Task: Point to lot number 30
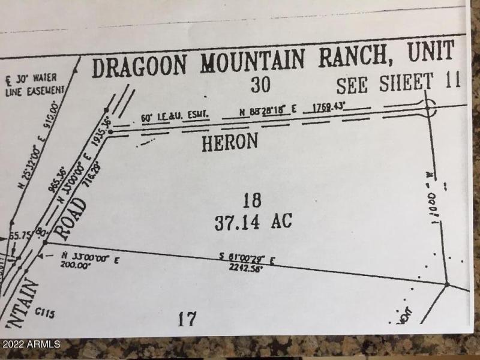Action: coord(260,85)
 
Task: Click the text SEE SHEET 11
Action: coord(398,83)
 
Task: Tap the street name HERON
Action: coord(230,142)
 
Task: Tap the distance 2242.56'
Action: coord(246,268)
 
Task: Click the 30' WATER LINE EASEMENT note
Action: coord(34,84)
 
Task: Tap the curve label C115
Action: coord(45,313)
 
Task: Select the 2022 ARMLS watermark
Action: coord(31,344)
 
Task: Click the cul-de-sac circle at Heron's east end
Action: coord(428,108)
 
